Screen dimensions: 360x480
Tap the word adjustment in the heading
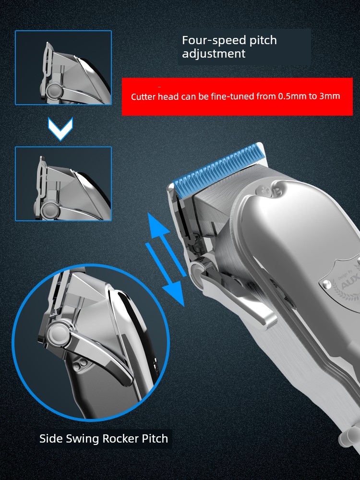click(214, 54)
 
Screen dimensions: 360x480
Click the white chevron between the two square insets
click(60, 129)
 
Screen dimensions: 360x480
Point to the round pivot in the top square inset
click(54, 90)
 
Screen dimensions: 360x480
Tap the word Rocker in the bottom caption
click(120, 438)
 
